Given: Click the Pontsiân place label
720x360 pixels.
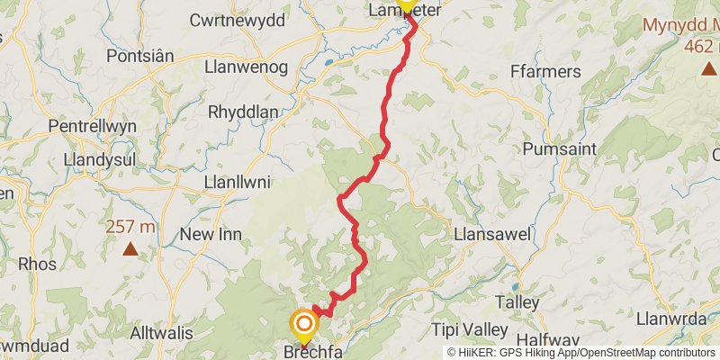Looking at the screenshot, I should pyautogui.click(x=139, y=56).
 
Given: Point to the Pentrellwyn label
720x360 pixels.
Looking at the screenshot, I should pyautogui.click(x=93, y=126).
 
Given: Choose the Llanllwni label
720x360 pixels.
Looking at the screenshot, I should pyautogui.click(x=238, y=183).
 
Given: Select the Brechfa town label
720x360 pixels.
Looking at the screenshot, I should pyautogui.click(x=313, y=352).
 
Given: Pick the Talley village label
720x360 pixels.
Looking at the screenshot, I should pyautogui.click(x=517, y=303).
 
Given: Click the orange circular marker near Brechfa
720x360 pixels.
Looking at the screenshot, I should pyautogui.click(x=304, y=323).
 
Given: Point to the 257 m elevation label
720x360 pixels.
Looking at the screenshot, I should pyautogui.click(x=130, y=227).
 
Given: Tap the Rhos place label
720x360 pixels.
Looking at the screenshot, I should pyautogui.click(x=37, y=264).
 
